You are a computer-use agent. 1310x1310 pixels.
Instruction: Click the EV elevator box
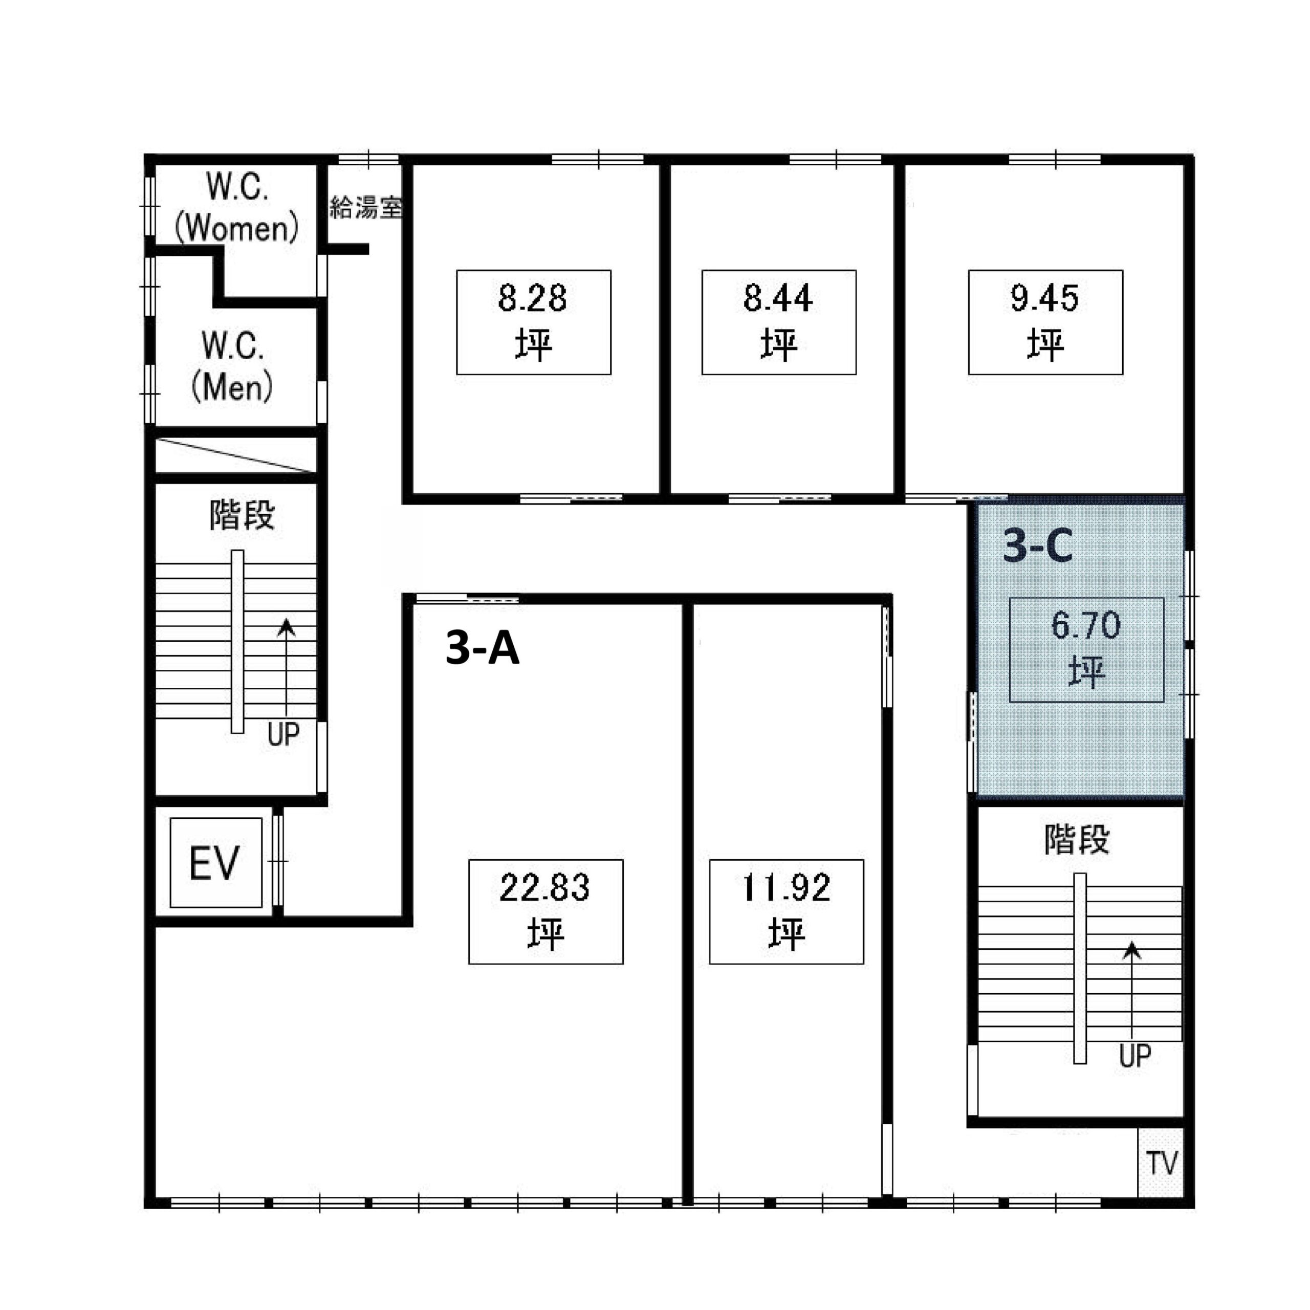[215, 862]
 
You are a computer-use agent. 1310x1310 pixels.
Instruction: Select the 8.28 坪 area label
[534, 322]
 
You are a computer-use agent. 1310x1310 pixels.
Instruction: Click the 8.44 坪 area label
[778, 322]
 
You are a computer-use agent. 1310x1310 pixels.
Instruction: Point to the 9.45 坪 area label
[1045, 322]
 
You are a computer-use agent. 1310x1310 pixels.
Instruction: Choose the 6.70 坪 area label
[1086, 649]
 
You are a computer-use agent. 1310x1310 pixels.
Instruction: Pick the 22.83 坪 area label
[546, 912]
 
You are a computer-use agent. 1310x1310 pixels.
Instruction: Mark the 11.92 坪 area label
[787, 912]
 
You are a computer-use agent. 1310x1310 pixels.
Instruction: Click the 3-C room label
[1037, 546]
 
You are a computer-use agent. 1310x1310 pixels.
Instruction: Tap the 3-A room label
[483, 647]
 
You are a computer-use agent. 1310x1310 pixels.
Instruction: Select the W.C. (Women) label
[236, 207]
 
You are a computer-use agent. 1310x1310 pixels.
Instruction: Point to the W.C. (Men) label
[232, 367]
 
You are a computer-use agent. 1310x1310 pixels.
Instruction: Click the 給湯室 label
[366, 207]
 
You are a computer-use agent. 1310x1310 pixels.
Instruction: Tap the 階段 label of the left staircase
[242, 515]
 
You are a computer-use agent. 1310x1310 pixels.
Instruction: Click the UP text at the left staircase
[283, 734]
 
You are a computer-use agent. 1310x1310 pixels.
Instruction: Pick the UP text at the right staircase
[1135, 1056]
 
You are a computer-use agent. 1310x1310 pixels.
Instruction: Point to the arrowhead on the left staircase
[287, 627]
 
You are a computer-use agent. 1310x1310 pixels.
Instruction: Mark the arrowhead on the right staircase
[1132, 951]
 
